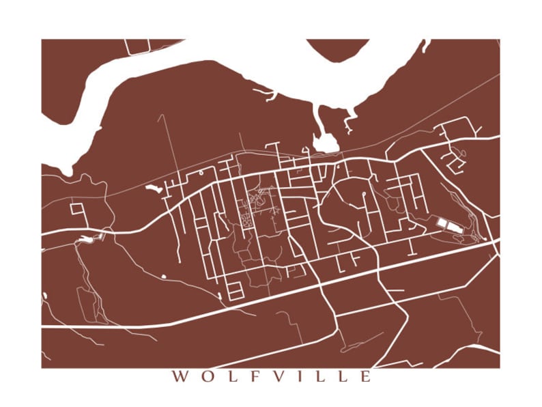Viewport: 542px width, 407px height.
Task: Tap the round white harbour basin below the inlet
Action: pyautogui.click(x=326, y=143)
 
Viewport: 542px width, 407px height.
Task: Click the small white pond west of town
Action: pyautogui.click(x=154, y=187)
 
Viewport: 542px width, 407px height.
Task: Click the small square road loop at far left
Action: pyautogui.click(x=76, y=208)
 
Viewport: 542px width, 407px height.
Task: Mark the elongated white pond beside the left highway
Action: pyautogui.click(x=86, y=239)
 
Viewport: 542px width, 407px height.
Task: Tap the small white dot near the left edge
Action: pyautogui.click(x=45, y=296)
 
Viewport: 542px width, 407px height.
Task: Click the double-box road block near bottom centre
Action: pyautogui.click(x=234, y=290)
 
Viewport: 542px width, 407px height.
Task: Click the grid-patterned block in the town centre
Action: pyautogui.click(x=246, y=221)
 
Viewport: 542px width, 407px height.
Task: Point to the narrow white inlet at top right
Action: pyautogui.click(x=426, y=46)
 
